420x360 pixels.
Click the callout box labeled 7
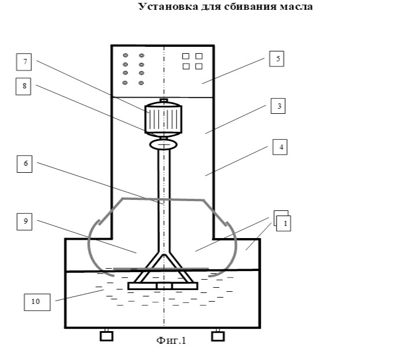[24, 62]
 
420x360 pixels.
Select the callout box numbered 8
[23, 87]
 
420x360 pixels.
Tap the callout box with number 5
[277, 59]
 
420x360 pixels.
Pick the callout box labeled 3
[278, 106]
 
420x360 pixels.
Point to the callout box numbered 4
[280, 147]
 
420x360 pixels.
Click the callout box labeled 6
[24, 164]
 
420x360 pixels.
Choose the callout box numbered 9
[24, 222]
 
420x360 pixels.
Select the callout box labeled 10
[37, 302]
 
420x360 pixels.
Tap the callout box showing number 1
[283, 224]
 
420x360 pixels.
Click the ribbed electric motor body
[163, 119]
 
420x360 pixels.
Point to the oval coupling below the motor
[163, 144]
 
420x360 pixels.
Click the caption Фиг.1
[171, 340]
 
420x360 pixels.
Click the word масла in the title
[296, 7]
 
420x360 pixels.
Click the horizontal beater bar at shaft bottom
[163, 286]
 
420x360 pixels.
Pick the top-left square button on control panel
[186, 56]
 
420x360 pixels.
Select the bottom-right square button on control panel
[199, 66]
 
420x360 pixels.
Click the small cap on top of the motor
[164, 101]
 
